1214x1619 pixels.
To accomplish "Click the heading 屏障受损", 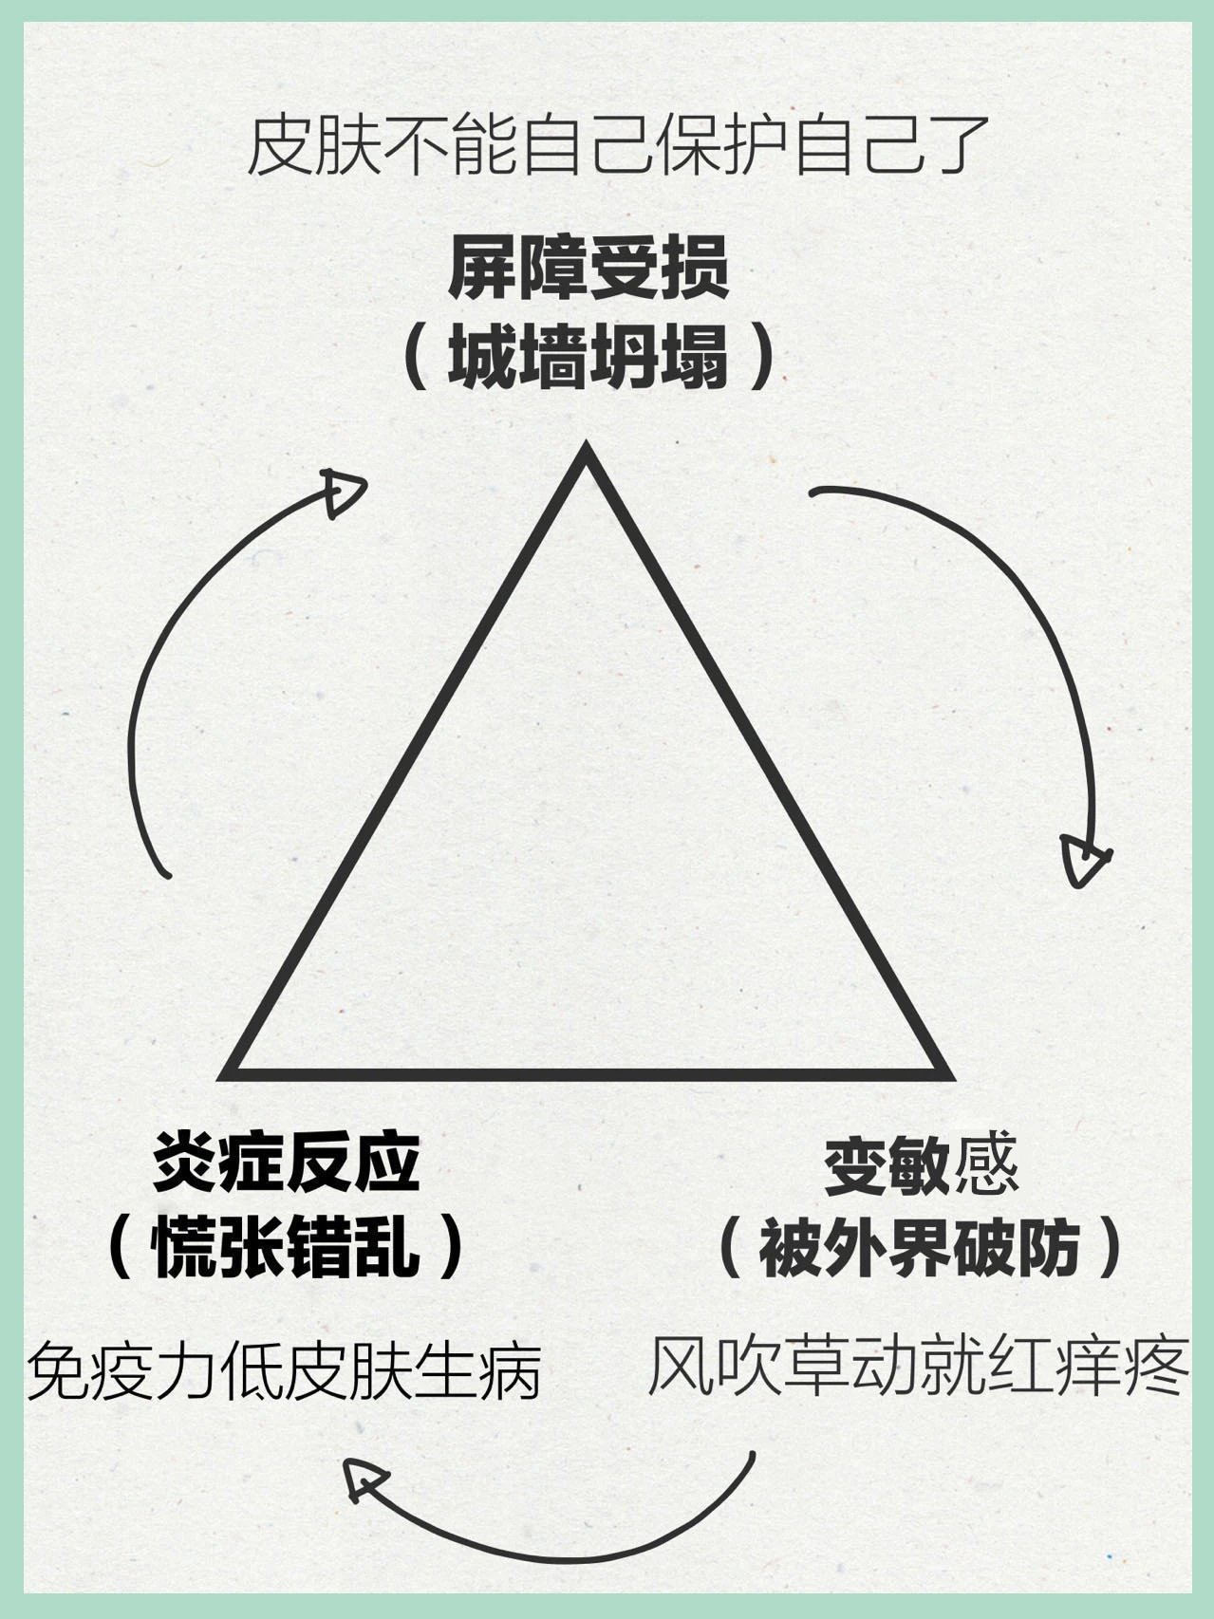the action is (588, 269).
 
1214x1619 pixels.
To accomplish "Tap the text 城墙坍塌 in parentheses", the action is (588, 360).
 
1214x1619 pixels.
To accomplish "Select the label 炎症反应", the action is (287, 1163).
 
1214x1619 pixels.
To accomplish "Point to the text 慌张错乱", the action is (287, 1246).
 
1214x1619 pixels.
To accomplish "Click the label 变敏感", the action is (920, 1166).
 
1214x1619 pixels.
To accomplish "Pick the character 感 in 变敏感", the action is (987, 1166).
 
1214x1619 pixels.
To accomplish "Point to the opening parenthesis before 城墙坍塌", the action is (415, 360).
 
